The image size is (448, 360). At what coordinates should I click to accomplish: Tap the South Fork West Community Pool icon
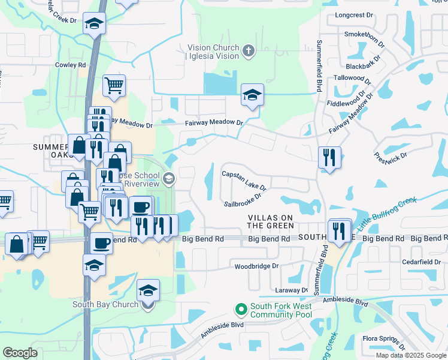pyautogui.click(x=241, y=310)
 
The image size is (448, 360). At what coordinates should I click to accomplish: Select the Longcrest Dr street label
pyautogui.click(x=355, y=15)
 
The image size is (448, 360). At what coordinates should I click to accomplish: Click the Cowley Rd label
pyautogui.click(x=71, y=65)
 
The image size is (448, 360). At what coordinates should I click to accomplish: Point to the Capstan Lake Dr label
pyautogui.click(x=244, y=181)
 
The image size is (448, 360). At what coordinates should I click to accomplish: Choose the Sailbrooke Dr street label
pyautogui.click(x=243, y=199)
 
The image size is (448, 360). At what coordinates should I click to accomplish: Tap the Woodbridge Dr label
pyautogui.click(x=257, y=266)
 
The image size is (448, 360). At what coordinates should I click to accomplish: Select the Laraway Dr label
pyautogui.click(x=292, y=290)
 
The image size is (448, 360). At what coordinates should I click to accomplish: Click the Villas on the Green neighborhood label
pyautogui.click(x=271, y=221)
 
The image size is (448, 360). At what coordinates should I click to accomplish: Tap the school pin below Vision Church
pyautogui.click(x=252, y=94)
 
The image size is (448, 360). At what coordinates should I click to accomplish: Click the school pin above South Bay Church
pyautogui.click(x=94, y=264)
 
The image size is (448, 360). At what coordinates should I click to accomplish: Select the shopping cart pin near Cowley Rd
pyautogui.click(x=114, y=85)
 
